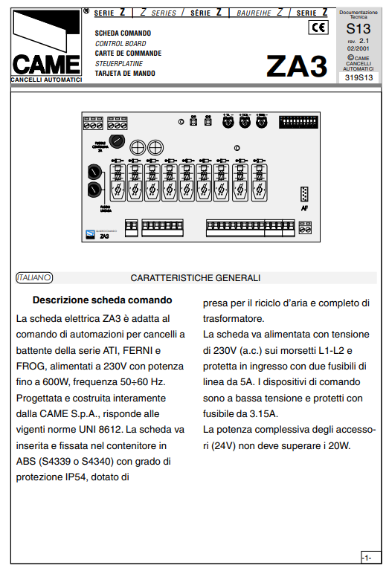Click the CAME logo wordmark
click(45, 64)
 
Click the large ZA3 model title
click(297, 66)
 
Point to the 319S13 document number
click(358, 77)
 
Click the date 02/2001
click(358, 48)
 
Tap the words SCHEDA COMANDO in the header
click(123, 33)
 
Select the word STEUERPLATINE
click(119, 64)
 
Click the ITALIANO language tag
click(33, 277)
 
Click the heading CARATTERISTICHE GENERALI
click(195, 278)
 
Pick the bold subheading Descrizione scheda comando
click(102, 300)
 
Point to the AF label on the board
click(304, 208)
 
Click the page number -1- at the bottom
click(366, 557)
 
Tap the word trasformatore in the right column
click(233, 318)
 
